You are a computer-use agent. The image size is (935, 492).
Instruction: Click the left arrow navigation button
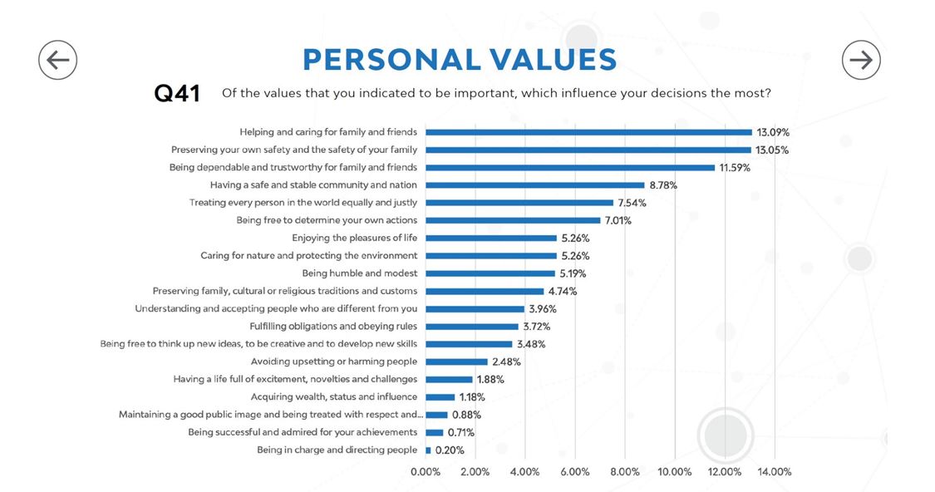point(57,60)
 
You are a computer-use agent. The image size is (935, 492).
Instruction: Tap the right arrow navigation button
point(861,60)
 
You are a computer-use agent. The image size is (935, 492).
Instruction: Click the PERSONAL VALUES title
point(460,60)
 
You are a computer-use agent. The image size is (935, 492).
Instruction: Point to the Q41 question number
point(177,94)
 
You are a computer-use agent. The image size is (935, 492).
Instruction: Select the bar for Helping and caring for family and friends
point(588,132)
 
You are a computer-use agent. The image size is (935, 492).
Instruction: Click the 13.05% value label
point(772,150)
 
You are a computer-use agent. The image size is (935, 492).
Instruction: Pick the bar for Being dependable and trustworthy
point(570,168)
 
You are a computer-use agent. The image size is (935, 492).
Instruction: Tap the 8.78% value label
point(663,185)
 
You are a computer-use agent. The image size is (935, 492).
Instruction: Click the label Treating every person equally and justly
point(303,203)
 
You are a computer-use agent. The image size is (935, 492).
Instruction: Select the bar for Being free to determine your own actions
point(513,220)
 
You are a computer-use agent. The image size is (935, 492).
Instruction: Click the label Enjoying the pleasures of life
point(354,238)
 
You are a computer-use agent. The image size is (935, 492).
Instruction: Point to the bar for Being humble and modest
point(490,273)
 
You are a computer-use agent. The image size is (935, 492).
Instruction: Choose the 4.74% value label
point(563,291)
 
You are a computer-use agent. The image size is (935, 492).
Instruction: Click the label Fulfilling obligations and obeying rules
point(333,327)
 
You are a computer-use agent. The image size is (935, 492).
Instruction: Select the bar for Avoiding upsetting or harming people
point(456,362)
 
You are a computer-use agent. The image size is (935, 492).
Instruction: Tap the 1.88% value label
point(490,379)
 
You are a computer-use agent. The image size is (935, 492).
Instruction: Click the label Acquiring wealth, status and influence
point(334,397)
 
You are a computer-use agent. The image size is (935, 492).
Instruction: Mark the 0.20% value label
point(450,450)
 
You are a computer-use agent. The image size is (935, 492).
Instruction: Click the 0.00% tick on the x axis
point(426,472)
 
